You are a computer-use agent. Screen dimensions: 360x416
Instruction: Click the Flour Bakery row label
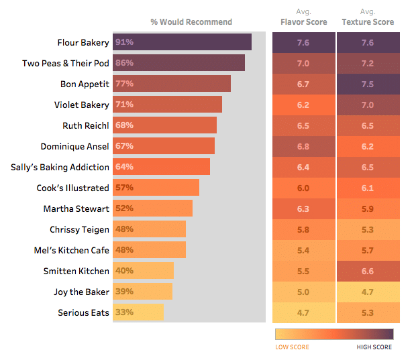click(83, 42)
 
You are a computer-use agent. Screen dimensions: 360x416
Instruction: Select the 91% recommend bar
click(182, 42)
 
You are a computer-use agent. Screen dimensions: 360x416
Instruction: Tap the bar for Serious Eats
click(138, 312)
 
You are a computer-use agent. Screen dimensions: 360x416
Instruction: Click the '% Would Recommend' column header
click(191, 22)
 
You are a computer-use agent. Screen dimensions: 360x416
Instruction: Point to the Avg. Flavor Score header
click(303, 17)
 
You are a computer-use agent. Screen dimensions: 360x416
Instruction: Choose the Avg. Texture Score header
click(368, 17)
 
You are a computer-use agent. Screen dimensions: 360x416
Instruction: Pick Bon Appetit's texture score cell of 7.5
click(368, 84)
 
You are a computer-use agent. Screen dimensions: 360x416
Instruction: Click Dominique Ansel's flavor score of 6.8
click(303, 146)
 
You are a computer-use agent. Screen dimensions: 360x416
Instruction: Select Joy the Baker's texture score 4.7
click(368, 292)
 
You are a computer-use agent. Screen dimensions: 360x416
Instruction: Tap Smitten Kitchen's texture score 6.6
click(368, 271)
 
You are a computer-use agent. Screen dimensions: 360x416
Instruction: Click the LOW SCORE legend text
click(292, 347)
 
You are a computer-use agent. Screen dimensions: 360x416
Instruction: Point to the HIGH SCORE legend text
click(374, 347)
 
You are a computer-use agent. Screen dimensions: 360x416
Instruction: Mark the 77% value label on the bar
click(125, 84)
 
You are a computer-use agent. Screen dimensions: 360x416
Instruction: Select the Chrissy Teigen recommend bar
click(149, 229)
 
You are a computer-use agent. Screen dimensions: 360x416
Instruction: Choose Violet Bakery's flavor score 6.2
click(303, 105)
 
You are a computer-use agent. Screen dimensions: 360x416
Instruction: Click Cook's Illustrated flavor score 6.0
click(303, 188)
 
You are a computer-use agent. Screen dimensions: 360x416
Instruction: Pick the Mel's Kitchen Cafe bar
click(149, 250)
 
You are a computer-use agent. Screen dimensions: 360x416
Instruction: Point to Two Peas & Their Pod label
click(65, 63)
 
